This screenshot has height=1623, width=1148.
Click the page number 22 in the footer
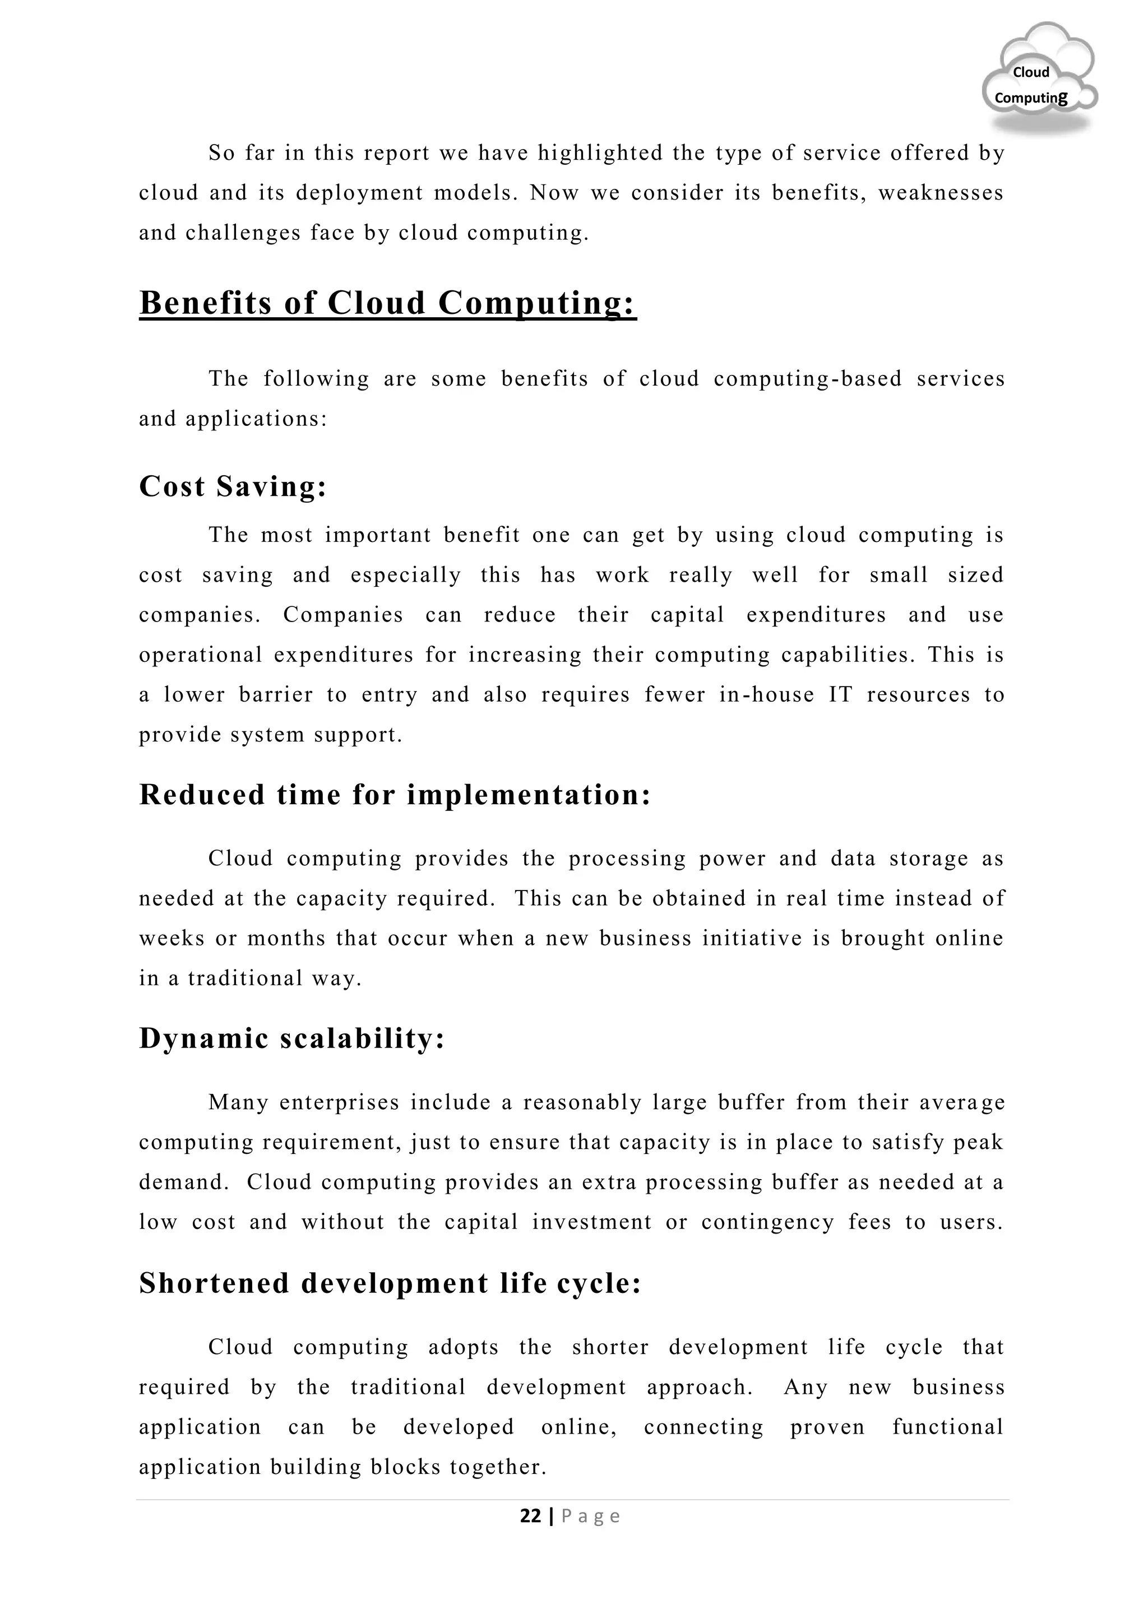pos(530,1515)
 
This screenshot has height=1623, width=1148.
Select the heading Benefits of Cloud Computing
pos(387,303)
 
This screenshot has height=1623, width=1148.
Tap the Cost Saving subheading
pos(233,486)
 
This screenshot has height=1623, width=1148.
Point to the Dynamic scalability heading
pos(291,1038)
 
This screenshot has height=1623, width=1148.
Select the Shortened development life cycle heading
pos(390,1283)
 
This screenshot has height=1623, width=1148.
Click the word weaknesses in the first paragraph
pos(940,193)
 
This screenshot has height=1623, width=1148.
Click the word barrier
pos(275,695)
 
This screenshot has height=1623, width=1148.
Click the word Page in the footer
pos(591,1517)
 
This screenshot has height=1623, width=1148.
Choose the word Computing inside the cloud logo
pos(1031,98)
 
